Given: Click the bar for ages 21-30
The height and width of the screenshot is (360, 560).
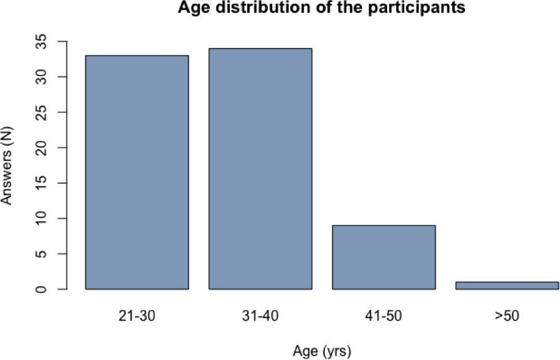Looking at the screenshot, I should point(136,172).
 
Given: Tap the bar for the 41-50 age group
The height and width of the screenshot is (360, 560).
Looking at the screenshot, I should point(383,257).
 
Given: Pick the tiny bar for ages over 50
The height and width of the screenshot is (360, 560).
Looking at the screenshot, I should point(506,285).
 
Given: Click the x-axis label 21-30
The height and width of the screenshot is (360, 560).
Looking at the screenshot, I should point(136,316).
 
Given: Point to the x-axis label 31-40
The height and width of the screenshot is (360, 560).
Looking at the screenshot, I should point(260,316).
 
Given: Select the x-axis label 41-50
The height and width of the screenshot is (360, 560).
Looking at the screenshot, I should point(383,316).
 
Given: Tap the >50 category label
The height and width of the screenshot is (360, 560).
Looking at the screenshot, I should point(506,316).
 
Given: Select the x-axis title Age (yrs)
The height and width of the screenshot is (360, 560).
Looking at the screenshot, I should point(321,351).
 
